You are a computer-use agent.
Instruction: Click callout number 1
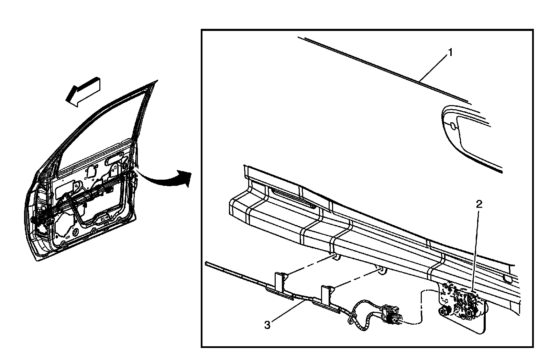pos(450,53)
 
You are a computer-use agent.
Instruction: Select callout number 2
pos(479,204)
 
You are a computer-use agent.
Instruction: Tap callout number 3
pos(267,325)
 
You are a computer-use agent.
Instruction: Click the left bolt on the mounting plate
pos(443,311)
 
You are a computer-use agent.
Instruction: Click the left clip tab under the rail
pos(335,257)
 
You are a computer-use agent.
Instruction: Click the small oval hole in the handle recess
pos(453,126)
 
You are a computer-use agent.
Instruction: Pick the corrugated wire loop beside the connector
pos(357,314)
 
